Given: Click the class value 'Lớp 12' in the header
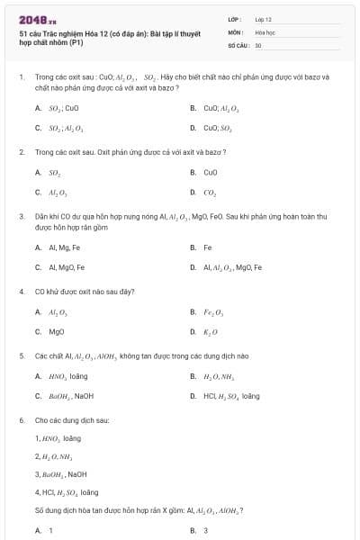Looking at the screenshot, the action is click(264, 19).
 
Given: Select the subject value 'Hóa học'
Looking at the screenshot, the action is click(264, 31).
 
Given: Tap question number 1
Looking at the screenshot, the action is click(21, 77).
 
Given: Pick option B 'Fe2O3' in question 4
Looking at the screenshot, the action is click(211, 311).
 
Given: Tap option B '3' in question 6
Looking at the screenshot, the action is click(205, 531).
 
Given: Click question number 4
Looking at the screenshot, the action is click(21, 292).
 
